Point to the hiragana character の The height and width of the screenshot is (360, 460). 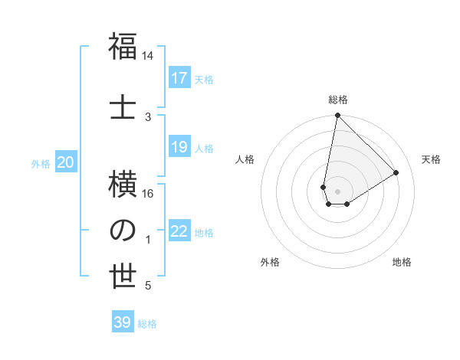(123, 230)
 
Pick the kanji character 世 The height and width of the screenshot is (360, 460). (123, 277)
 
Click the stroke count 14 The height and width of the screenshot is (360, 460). (148, 57)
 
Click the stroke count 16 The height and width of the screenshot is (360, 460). (148, 194)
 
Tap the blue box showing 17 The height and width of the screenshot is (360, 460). (179, 78)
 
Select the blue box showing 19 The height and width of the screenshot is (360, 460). (179, 147)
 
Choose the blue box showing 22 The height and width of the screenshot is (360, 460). (179, 231)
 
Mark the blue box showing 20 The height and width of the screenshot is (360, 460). (66, 162)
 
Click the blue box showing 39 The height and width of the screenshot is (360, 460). (123, 322)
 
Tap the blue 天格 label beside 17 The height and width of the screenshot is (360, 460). (204, 79)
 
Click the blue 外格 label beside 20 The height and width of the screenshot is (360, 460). (41, 163)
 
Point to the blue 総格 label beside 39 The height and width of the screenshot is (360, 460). (147, 324)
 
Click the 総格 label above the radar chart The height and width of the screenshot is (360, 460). (338, 100)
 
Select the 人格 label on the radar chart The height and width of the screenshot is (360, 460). (245, 159)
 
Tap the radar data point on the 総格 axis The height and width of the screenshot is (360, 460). (337, 116)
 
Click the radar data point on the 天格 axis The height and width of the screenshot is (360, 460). (396, 173)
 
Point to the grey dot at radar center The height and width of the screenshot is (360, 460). (337, 191)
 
